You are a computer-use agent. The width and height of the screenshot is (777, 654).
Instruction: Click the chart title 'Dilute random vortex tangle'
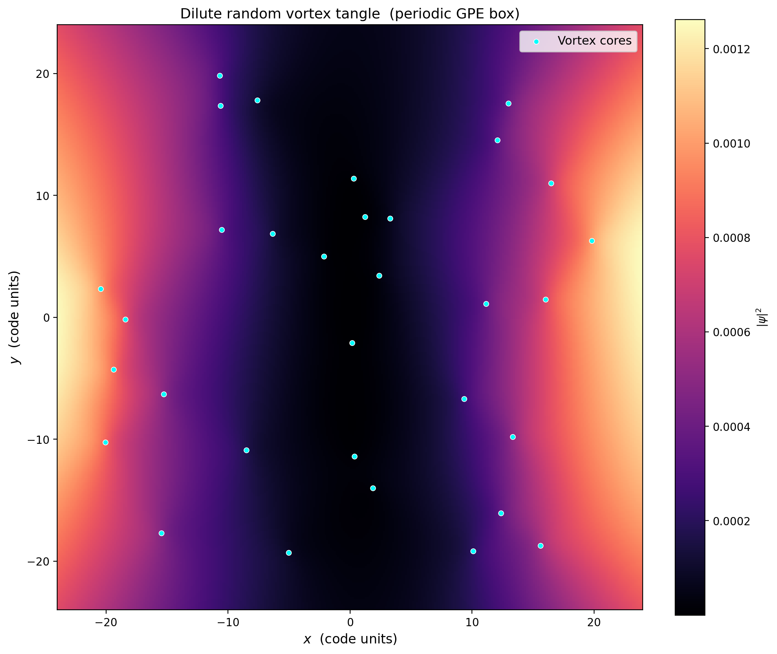[280, 14]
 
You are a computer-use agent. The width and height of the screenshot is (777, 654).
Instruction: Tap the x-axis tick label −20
[106, 622]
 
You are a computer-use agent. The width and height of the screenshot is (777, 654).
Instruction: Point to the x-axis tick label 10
[472, 622]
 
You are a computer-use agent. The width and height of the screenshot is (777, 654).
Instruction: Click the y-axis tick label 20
[42, 74]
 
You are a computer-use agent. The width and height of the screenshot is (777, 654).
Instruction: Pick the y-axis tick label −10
[38, 440]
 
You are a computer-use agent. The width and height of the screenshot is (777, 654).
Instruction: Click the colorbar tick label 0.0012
[732, 49]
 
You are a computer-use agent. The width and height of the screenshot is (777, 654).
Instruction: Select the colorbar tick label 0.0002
[732, 521]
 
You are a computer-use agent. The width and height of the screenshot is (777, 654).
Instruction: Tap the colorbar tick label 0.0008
[732, 238]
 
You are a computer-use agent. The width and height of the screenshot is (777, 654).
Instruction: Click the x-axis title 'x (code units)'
[350, 639]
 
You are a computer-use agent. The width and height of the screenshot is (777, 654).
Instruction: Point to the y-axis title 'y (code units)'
[15, 317]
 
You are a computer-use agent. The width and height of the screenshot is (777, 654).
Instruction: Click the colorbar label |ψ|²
[762, 317]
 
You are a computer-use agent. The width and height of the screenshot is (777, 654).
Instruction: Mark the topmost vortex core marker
[220, 76]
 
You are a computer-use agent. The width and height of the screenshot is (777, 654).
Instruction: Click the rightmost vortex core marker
[592, 241]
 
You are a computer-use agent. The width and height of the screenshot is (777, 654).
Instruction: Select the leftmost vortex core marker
[101, 289]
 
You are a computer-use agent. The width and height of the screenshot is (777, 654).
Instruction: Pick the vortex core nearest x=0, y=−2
[352, 343]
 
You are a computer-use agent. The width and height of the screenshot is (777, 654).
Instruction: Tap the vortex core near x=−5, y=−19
[289, 553]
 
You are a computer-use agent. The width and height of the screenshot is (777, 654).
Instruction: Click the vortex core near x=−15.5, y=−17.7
[161, 533]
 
